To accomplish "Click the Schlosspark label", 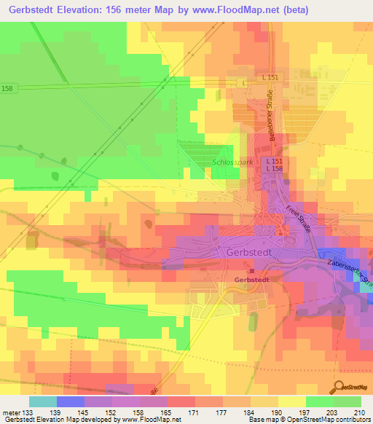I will pyautogui.click(x=232, y=162).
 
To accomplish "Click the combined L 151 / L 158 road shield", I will pyautogui.click(x=274, y=165).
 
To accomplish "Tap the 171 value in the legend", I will pyautogui.click(x=194, y=412).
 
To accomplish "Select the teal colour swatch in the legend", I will pyautogui.click(x=43, y=401).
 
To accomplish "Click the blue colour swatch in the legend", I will pyautogui.click(x=71, y=401).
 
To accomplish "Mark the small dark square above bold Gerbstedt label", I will pyautogui.click(x=242, y=272).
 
